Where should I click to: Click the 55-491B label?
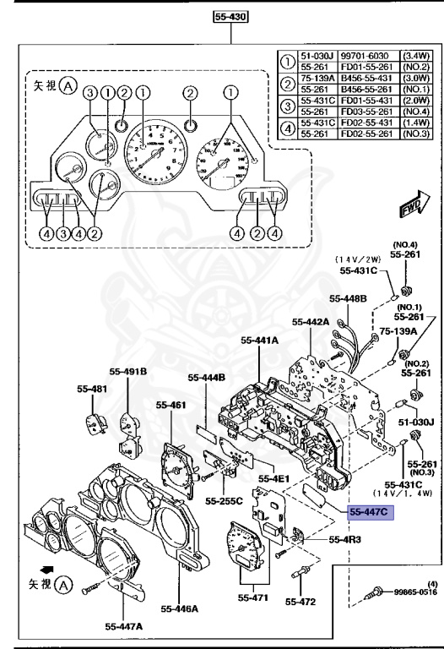coord(127,371)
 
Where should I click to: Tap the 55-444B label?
coord(206,377)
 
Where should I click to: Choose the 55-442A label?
coord(310,321)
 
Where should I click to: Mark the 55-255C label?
coord(223,499)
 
